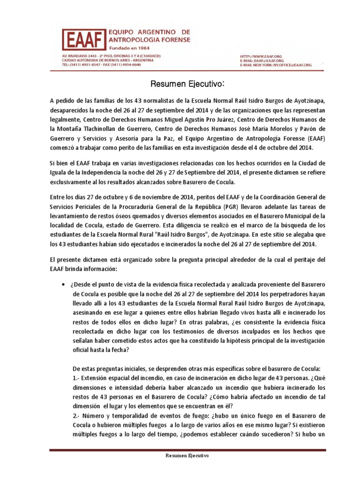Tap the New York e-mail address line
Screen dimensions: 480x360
pos(275,65)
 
